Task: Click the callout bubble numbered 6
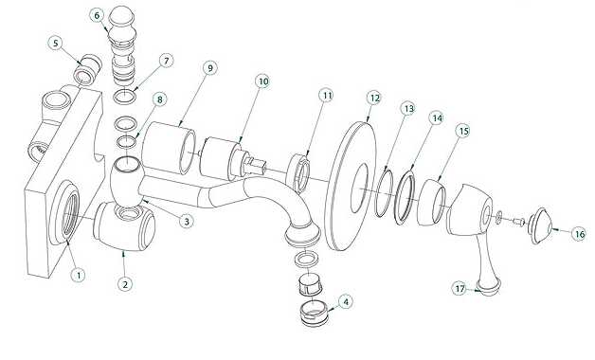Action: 97,15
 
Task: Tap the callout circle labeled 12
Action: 374,99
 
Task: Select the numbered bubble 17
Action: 460,289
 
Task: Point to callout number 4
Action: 345,302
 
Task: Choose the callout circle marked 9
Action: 210,68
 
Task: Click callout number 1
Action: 79,275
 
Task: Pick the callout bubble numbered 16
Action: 580,234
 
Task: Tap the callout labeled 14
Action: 437,118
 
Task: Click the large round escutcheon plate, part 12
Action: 352,186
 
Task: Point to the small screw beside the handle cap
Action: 518,221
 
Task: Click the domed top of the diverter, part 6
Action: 120,18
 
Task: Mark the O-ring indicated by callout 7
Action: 125,97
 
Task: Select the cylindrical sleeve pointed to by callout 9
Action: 170,149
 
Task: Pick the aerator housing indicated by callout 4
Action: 314,313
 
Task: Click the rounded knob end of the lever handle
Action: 489,287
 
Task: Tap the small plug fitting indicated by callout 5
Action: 88,69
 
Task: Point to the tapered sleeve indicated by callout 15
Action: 432,202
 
